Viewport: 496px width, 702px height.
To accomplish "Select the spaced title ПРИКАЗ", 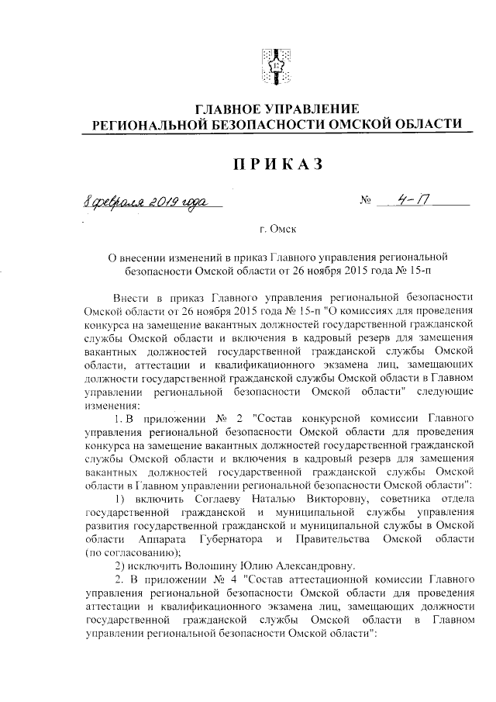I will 276,164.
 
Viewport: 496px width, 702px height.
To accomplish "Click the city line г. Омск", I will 277,230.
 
